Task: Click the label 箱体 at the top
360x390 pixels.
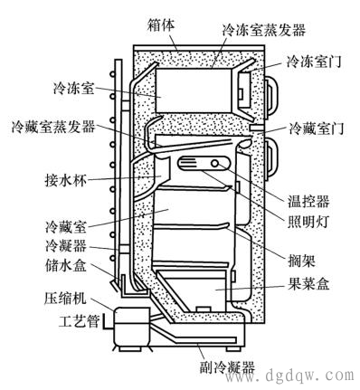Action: pos(161,24)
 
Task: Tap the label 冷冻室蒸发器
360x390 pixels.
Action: pos(264,30)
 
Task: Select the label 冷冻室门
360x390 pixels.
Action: pos(314,62)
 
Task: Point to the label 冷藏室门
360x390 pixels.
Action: pos(317,128)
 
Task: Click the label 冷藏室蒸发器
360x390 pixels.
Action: pos(53,127)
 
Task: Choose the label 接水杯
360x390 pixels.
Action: pos(66,181)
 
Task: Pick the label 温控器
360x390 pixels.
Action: pos(308,202)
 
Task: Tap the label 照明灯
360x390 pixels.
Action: pos(308,223)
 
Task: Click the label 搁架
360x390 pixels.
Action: pos(301,260)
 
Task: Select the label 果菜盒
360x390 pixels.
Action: pos(308,283)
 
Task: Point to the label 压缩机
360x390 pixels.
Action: pos(66,298)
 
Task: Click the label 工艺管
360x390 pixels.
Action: pos(80,321)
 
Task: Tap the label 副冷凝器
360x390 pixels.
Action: pos(227,367)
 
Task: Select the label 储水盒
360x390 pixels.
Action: pos(66,266)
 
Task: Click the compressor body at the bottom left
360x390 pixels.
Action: pos(132,327)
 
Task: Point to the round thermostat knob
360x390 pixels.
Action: pos(215,164)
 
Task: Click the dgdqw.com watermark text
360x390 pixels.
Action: pos(310,376)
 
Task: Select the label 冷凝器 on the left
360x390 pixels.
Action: pos(66,246)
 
